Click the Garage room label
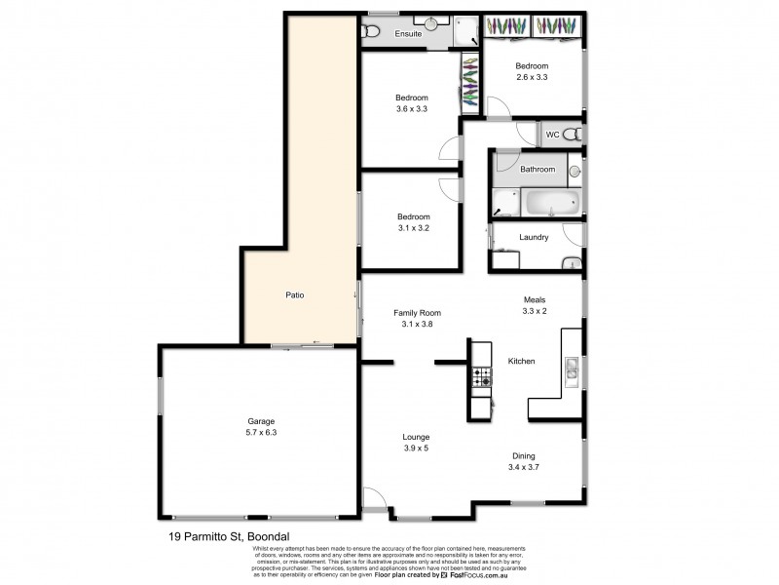(261, 421)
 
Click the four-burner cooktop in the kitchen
(482, 377)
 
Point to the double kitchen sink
(573, 368)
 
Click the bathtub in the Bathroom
(552, 204)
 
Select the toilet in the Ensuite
(370, 33)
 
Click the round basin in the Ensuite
(429, 20)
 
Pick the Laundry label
(535, 237)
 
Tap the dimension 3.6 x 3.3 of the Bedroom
(412, 109)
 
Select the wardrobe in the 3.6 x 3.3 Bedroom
(471, 83)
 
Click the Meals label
(535, 300)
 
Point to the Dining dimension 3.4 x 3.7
(524, 467)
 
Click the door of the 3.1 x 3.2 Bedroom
(450, 187)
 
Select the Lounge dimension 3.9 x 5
(416, 448)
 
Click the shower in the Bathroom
(505, 202)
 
